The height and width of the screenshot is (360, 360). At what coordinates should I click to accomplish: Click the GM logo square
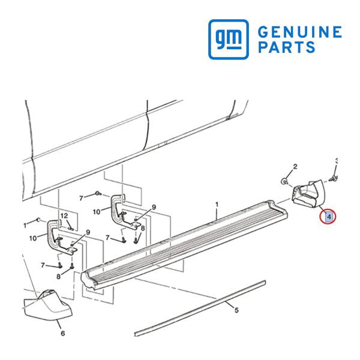tap(228, 39)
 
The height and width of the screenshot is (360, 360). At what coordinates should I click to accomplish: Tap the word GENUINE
tap(300, 32)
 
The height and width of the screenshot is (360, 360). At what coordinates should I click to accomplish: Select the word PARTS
tap(287, 47)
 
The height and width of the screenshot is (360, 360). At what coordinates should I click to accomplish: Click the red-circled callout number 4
tap(329, 216)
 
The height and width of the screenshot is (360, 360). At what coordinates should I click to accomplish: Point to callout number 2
tap(295, 166)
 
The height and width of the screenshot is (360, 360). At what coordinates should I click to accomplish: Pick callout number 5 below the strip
tap(236, 310)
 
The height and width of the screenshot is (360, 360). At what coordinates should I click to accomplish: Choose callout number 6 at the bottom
tap(62, 333)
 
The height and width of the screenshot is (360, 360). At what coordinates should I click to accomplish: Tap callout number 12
tap(64, 216)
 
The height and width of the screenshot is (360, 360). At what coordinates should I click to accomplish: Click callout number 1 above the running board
tap(217, 204)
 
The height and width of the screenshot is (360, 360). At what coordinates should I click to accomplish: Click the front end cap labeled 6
tap(47, 305)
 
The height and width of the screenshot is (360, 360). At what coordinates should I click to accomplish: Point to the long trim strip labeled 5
tap(200, 308)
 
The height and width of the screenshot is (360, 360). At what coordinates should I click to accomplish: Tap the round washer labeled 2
tap(284, 181)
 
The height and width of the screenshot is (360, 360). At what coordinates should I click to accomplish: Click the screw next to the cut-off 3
tap(332, 178)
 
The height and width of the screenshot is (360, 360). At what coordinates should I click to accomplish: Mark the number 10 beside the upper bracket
tap(97, 212)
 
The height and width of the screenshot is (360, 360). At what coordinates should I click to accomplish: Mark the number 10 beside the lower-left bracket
tap(33, 238)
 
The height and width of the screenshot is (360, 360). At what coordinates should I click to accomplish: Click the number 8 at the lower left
tap(59, 277)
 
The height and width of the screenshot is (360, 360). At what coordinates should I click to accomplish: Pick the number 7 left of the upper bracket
tap(81, 198)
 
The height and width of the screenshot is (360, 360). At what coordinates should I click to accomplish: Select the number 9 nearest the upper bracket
tap(154, 208)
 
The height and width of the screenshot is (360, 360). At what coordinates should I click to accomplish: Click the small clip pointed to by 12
tap(71, 229)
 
